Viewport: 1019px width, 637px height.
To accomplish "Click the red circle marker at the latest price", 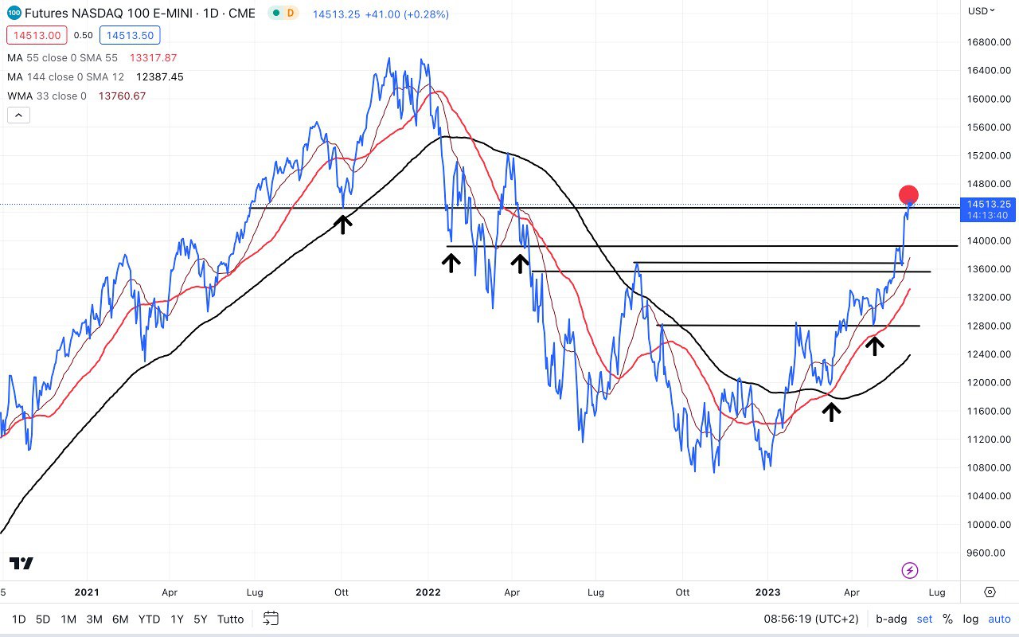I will (x=908, y=194).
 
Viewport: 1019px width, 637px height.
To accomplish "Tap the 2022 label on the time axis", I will (x=428, y=592).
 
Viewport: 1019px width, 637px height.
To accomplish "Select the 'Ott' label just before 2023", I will (x=681, y=592).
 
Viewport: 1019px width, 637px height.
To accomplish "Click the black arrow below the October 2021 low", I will (x=342, y=224).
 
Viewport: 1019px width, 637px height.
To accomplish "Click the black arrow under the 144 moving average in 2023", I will (x=831, y=411).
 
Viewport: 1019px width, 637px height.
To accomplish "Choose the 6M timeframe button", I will (x=120, y=619).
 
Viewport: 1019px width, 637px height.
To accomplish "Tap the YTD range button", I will (x=149, y=619).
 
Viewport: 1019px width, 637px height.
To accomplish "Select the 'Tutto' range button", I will (x=230, y=619).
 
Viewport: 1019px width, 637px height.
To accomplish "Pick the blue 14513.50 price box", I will (x=133, y=35).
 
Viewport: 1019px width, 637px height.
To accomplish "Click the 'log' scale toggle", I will (x=970, y=619).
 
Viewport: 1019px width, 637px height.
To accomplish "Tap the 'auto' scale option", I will (x=999, y=619).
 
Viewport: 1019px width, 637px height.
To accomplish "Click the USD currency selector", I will (x=982, y=10).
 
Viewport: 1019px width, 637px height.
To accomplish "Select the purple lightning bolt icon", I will (x=910, y=570).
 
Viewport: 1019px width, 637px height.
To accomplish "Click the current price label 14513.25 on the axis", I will (x=989, y=205).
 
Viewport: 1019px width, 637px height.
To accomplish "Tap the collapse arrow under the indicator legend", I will (x=18, y=115).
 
